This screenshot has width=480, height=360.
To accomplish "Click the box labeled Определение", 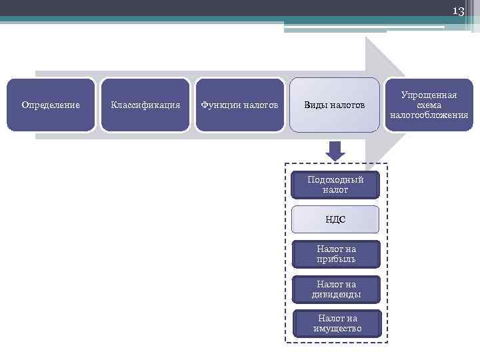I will coord(51,105).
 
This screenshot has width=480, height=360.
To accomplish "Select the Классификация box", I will coord(145,105).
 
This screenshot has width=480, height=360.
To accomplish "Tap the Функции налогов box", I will coord(240,105).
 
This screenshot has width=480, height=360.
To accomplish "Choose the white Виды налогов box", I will coord(335,105).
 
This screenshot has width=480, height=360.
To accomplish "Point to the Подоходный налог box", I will coord(336,185).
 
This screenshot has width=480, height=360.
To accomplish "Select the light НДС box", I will coord(336,219).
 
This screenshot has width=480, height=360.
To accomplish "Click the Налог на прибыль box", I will coord(336,254).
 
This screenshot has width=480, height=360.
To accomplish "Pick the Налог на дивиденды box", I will coord(336,289).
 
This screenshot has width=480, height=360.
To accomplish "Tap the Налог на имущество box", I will coord(337,323).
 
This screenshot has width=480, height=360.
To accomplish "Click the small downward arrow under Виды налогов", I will coord(336,151).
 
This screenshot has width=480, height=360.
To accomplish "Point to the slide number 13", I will coord(458,11).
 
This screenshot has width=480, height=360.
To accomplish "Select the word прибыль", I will coord(336,259).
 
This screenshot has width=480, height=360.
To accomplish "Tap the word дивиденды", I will coord(336,294).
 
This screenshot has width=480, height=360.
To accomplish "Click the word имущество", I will coord(337,328).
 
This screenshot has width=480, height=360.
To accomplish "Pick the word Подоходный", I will coord(336,180).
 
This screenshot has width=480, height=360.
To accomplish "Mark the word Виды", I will coord(315,105).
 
